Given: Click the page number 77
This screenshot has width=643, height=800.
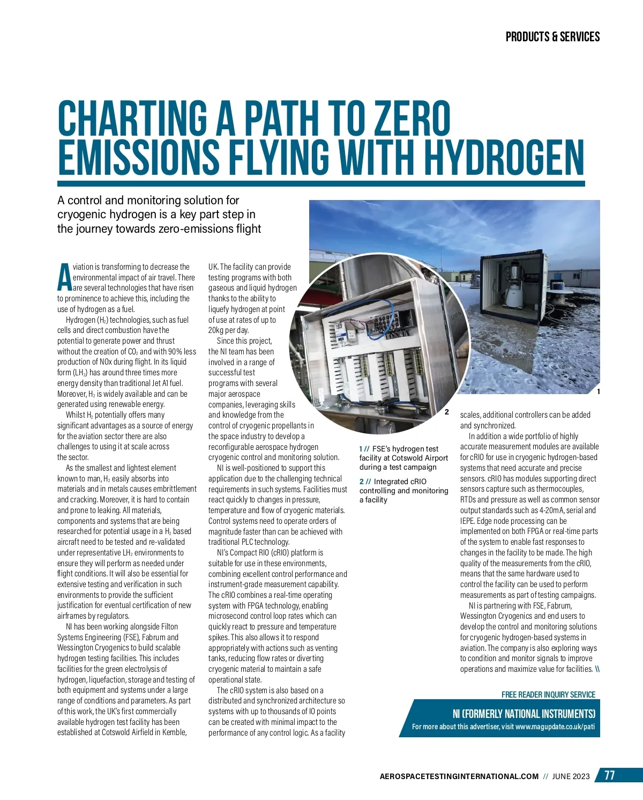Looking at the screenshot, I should point(610,775).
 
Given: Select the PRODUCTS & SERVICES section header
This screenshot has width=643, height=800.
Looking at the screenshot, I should point(552,37).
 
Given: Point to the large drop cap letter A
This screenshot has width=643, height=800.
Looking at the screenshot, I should point(64,277).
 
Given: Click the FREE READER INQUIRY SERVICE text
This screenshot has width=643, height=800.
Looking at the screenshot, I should point(548,694).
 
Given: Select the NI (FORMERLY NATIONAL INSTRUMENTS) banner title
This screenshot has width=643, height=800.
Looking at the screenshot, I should point(524,714).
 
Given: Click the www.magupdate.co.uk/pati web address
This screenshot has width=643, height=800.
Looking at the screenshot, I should point(555,727).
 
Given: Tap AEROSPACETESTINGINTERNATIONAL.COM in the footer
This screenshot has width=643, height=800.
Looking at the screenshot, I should point(459,776).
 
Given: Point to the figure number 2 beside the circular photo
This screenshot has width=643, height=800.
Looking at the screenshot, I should point(447,412).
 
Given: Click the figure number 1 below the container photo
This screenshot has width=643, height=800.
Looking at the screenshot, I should point(598,392).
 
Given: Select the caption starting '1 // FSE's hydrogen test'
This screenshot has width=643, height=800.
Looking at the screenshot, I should point(403,458).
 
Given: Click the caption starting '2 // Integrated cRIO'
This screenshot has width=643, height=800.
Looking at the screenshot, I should point(403,491).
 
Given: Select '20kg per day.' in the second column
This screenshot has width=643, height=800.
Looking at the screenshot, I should point(229,330).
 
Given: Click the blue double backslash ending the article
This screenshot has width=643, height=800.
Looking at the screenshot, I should point(597,669).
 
